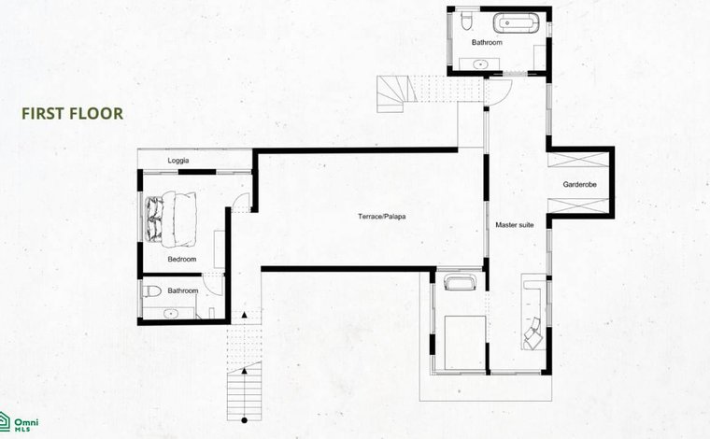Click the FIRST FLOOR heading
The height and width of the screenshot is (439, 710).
click(x=73, y=114)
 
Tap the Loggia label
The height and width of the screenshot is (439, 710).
click(x=177, y=161)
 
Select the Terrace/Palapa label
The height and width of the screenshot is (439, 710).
click(x=382, y=217)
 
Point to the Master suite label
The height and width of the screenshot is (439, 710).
click(x=515, y=225)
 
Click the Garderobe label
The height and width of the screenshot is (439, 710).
click(x=579, y=185)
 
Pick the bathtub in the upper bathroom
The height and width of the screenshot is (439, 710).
click(x=516, y=22)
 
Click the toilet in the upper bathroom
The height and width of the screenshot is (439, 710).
click(x=466, y=21)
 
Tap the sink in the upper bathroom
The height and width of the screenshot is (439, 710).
click(x=480, y=64)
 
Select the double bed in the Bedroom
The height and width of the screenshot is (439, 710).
click(x=170, y=219)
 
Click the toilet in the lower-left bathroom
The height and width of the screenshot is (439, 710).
click(x=152, y=291)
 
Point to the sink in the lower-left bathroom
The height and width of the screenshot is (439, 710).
click(x=171, y=313)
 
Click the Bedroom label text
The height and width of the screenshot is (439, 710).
click(x=182, y=260)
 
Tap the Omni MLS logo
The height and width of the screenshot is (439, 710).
click(x=19, y=422)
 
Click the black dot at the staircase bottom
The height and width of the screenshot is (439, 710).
click(x=244, y=420)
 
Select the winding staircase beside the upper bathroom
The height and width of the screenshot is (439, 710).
click(x=396, y=93)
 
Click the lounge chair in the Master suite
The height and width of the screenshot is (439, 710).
click(x=533, y=333)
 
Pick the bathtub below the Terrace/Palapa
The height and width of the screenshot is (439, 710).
click(x=460, y=283)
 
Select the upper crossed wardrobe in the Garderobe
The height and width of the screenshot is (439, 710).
click(x=578, y=160)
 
